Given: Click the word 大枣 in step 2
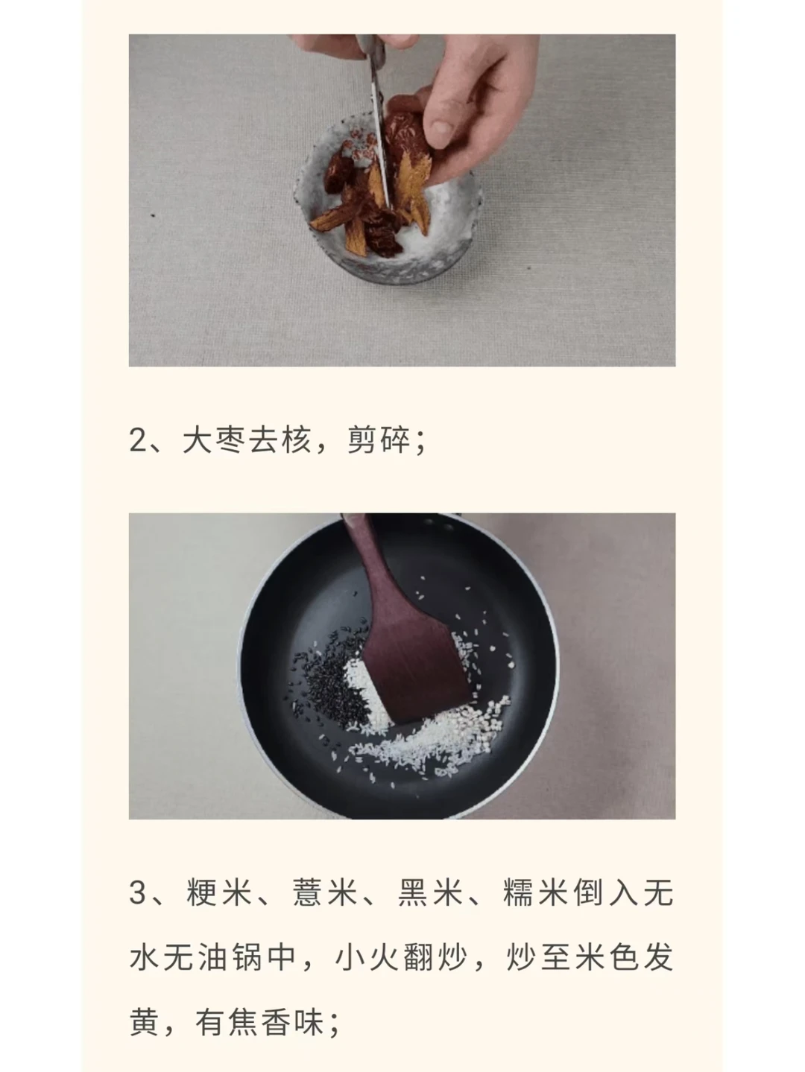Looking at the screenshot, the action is click(x=213, y=440).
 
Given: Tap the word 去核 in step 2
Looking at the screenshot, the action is click(x=280, y=440).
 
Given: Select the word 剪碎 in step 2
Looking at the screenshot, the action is click(x=379, y=440).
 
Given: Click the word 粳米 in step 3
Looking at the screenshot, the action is click(x=219, y=892).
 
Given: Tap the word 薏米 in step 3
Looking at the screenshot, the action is click(x=324, y=892).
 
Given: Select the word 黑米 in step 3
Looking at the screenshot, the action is click(x=430, y=892).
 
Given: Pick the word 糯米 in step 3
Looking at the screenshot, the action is click(x=536, y=892).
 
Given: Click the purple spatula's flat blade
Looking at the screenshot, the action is click(x=415, y=669).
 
